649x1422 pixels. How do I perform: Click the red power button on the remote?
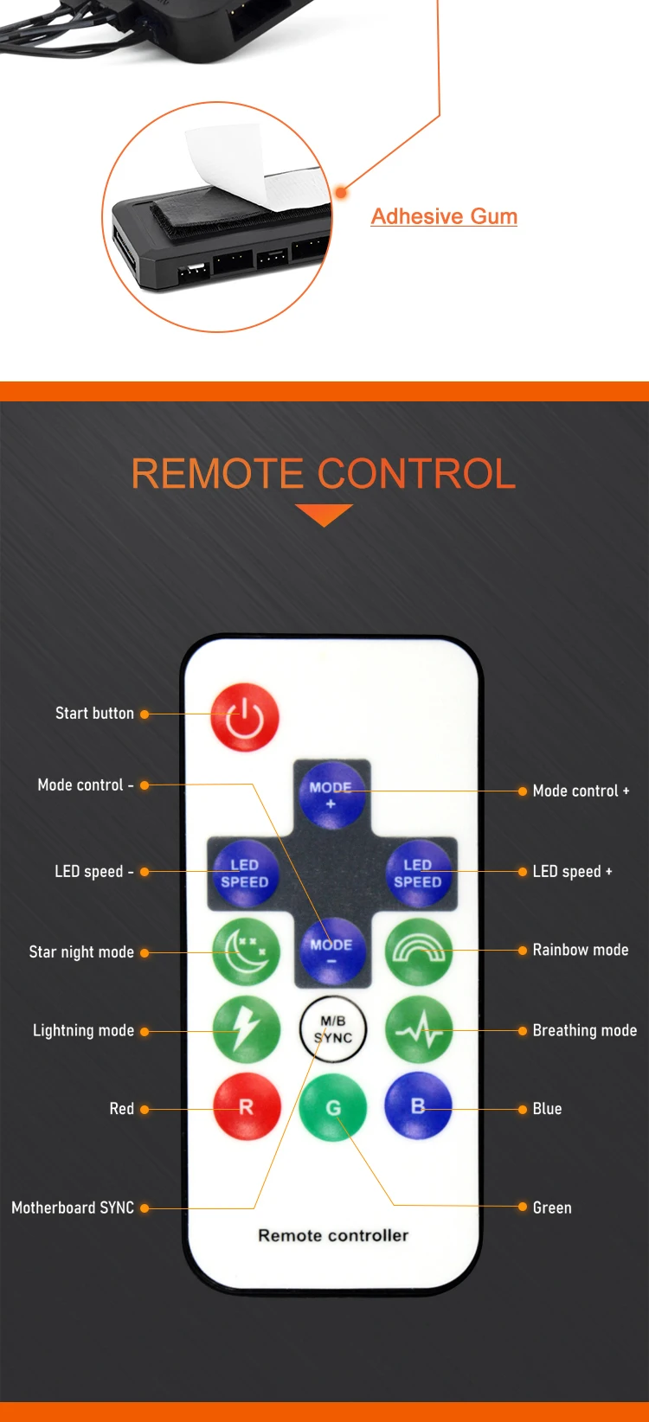coord(245,717)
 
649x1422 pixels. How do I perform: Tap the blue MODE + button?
coord(331,795)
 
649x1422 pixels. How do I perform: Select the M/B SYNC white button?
coord(333,1029)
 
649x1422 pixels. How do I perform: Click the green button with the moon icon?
coord(247,951)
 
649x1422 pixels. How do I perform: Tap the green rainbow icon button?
coord(419,951)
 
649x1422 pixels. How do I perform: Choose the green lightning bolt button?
coord(247,1029)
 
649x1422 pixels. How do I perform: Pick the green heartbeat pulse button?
coord(419,1029)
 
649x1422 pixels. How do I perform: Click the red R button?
coord(247,1107)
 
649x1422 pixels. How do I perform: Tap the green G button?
coord(333,1108)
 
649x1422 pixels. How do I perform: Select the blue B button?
coord(419,1106)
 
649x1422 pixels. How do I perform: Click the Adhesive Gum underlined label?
coord(444,216)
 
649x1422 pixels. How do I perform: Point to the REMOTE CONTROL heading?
coord(324,474)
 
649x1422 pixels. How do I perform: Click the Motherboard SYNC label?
coord(73,1207)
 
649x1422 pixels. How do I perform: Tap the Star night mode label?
coord(81,952)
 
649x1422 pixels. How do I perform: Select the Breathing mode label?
coord(584,1030)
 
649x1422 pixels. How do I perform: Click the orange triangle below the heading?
coord(324,514)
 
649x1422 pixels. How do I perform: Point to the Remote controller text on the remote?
coord(333,1235)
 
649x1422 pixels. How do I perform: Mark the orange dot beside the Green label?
coord(523,1207)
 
